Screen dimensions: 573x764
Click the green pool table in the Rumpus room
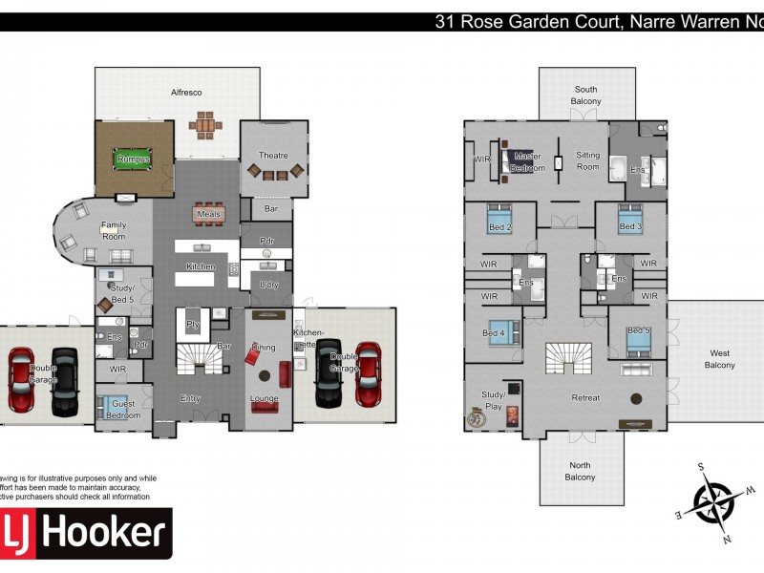coord(133,159)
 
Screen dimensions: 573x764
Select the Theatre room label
coord(273,155)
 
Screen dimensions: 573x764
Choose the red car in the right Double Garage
coord(368,373)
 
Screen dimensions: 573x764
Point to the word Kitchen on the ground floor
coord(200,266)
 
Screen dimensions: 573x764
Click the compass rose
coord(712,501)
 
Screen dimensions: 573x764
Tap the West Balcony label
coord(719,359)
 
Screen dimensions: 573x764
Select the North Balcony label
coord(580,471)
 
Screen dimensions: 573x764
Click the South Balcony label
coord(586,95)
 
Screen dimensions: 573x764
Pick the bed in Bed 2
coord(499,220)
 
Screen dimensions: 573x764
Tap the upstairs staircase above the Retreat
coord(568,358)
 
